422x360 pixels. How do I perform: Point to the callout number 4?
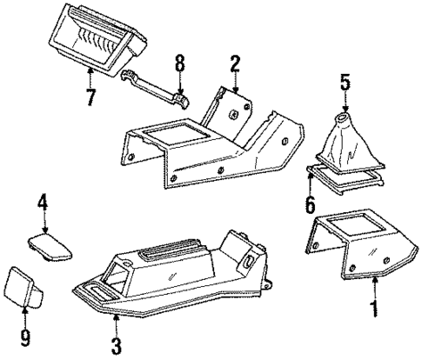click(x=41, y=206)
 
